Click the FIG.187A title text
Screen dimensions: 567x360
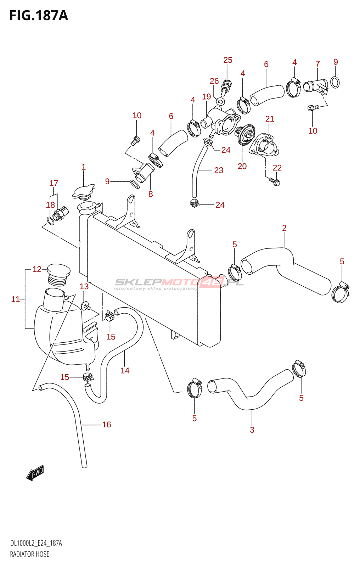pos(39,16)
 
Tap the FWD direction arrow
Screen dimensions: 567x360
pos(35,473)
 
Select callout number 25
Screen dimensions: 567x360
pos(228,60)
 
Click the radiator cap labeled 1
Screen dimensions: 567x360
pos(84,191)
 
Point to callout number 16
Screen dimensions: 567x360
pos(106,425)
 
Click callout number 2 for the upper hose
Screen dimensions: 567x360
pos(284,228)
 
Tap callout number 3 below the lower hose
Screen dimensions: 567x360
pos(252,430)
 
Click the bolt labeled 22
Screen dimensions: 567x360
pos(275,182)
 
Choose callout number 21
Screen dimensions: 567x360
pos(270,119)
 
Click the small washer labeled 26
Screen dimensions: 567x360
pos(220,102)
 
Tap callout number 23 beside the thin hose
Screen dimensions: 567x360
pos(219,170)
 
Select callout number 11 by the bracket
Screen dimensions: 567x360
pos(15,299)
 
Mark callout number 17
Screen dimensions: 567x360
pos(54,183)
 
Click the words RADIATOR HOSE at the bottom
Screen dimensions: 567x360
pos(30,554)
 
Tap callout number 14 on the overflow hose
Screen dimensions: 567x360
pos(125,371)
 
